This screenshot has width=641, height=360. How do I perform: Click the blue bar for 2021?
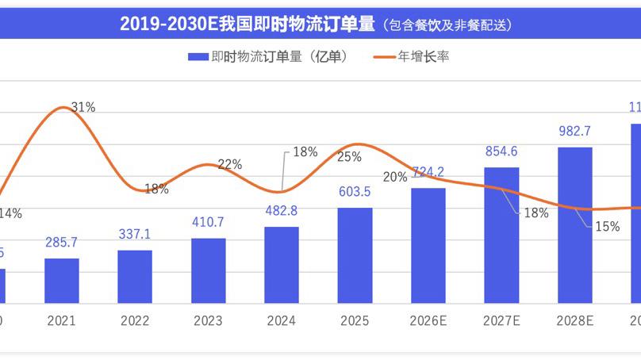pos(62,281)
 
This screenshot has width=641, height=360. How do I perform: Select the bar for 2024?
pos(282,265)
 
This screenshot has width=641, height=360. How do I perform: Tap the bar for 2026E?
pos(428,245)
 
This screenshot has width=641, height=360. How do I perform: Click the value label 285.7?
pos(62,245)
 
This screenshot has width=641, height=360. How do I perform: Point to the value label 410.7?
pos(209,223)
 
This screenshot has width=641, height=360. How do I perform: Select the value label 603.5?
pos(355,193)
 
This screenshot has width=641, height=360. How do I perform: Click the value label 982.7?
pos(575,132)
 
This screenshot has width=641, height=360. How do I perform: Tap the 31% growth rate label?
pos(83,107)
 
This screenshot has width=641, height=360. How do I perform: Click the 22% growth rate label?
pos(229,164)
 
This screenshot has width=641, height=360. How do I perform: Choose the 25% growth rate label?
pos(350,156)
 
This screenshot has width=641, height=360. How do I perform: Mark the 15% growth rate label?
pos(607,226)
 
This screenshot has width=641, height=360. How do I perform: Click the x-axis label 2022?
pos(135,321)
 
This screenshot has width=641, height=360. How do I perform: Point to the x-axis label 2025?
pos(355,321)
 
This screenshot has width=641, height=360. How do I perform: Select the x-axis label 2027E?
pos(501,321)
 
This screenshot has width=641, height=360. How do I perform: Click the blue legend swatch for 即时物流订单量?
pos(197,57)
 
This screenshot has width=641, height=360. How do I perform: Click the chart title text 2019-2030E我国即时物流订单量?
pos(246,25)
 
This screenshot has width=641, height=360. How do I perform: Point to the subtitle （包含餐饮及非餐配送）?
pos(446,25)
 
